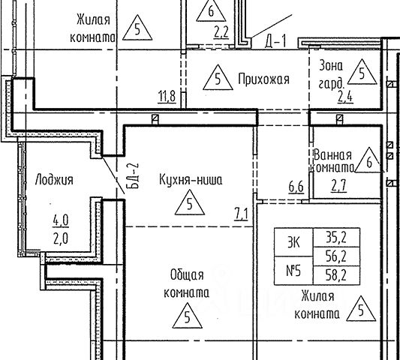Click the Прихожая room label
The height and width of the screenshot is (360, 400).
(263, 79)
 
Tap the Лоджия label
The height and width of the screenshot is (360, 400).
(54, 179)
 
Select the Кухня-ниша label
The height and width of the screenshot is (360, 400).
(191, 179)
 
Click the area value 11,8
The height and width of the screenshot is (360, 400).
(167, 97)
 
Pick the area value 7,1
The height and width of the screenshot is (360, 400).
(241, 214)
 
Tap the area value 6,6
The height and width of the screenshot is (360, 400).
(296, 187)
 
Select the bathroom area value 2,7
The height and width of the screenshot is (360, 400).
(338, 185)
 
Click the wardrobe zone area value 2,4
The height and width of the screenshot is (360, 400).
(345, 97)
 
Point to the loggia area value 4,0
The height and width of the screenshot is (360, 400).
(61, 220)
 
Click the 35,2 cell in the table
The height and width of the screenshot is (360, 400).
(336, 238)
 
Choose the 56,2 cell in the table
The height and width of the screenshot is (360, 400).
(336, 256)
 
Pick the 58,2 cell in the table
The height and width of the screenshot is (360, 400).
(336, 275)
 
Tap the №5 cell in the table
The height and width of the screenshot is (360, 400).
(293, 271)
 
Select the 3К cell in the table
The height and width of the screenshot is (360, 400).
(293, 242)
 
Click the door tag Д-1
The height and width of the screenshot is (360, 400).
(275, 41)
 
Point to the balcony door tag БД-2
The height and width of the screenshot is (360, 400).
(135, 176)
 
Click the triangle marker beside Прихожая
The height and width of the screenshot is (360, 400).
(218, 78)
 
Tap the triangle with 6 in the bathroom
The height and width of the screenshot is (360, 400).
(369, 160)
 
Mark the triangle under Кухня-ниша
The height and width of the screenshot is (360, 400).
(190, 202)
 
